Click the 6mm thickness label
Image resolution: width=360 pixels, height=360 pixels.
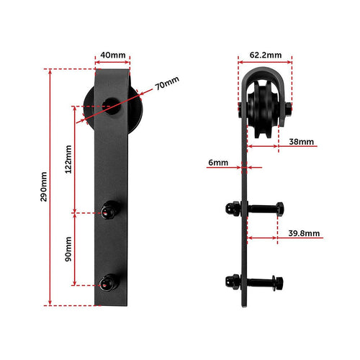point(217,163)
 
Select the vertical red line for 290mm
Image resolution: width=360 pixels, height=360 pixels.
point(50,186)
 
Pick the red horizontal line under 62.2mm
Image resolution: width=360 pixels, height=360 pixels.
point(266,63)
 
